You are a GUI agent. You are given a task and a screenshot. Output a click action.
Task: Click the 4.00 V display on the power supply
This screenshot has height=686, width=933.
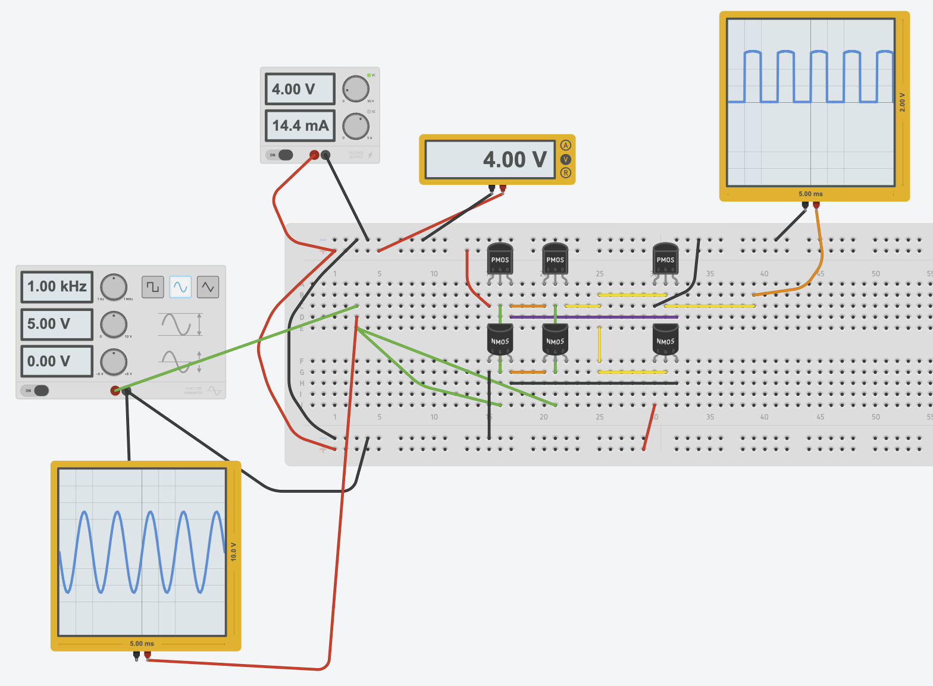pos(299,89)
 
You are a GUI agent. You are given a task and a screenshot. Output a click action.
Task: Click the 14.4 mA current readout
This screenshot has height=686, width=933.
pos(299,125)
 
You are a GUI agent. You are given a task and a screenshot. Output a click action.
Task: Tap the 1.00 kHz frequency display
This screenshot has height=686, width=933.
pos(57,287)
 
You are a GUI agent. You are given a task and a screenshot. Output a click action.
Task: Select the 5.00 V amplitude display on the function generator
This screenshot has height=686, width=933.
pos(57,324)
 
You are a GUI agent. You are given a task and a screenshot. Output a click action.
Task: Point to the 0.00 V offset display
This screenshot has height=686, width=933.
pos(57,361)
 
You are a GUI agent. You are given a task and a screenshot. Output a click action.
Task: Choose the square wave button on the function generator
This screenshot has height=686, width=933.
pos(153,287)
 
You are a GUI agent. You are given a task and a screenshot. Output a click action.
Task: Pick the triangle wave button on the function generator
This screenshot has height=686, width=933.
pos(208,287)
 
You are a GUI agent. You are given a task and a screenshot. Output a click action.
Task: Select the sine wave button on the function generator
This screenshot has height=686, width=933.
pos(180,287)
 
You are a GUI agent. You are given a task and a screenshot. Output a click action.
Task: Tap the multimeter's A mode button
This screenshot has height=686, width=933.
pos(565,146)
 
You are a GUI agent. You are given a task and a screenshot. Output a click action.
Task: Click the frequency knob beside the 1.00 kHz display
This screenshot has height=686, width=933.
pos(114,287)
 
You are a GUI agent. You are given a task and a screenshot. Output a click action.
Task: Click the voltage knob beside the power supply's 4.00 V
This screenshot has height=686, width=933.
pos(356,89)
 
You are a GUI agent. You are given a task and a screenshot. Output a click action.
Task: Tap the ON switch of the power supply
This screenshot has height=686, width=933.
pos(280,155)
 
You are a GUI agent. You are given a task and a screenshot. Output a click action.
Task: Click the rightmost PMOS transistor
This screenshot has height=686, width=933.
pos(665,259)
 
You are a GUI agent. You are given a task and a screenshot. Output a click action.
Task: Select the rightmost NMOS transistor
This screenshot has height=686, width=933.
pos(665,341)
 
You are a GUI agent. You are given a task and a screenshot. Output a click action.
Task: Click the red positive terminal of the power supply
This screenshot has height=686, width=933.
pos(314,156)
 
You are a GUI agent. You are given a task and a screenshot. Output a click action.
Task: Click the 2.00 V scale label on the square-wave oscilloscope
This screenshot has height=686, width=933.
pos(902,102)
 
